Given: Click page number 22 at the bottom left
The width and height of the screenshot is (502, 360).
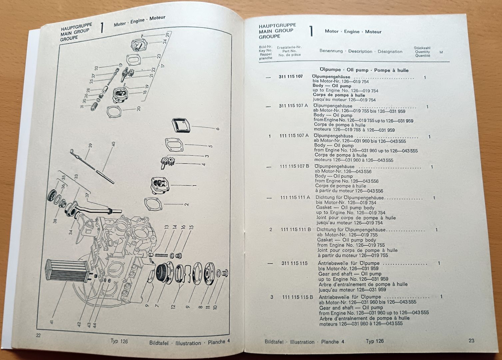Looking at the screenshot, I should (x=38, y=335).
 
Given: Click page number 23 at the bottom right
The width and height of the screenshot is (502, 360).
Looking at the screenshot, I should (x=471, y=340).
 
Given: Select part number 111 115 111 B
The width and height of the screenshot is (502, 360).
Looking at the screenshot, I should (x=296, y=229).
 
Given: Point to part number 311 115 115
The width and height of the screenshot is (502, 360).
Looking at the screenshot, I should (x=294, y=263).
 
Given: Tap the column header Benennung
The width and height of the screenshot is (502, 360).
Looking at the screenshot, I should (x=331, y=51).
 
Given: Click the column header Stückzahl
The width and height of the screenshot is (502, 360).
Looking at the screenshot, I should (x=422, y=48).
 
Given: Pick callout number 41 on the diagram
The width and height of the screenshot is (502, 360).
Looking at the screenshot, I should (x=52, y=322).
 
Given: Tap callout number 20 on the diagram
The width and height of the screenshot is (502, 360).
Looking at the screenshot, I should (x=139, y=108).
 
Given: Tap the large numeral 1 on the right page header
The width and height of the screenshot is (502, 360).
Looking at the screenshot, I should (x=311, y=31).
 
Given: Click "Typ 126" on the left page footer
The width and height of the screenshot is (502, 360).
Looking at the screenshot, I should (x=119, y=341).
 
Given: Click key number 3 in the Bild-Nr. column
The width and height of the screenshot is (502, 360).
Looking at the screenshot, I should (x=271, y=297).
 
